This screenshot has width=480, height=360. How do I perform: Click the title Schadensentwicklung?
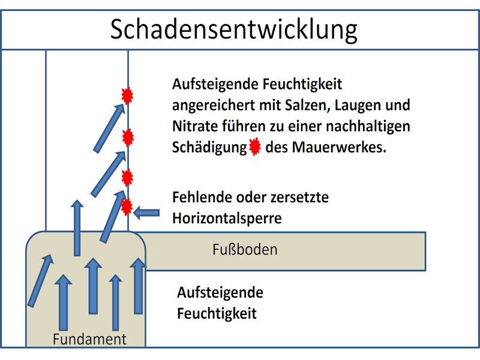[233, 29]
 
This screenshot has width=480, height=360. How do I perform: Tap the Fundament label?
[89, 339]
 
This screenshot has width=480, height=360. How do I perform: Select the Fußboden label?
[245, 250]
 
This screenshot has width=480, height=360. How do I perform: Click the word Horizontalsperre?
[227, 218]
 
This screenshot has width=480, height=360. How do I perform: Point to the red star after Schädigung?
[254, 146]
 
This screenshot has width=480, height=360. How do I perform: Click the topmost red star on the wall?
[127, 95]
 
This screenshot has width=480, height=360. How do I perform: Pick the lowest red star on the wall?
[127, 207]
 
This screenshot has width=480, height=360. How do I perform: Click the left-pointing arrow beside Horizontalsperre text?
[146, 212]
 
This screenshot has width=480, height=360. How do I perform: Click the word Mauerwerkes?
[339, 147]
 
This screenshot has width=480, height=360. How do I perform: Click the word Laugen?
[356, 106]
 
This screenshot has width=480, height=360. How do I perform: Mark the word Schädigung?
[209, 148]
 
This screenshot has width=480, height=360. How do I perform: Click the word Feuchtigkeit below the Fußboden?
[217, 313]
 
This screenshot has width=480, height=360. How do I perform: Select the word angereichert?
[214, 106]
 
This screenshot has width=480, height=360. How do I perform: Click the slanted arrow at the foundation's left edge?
[41, 280]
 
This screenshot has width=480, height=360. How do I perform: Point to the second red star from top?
[128, 137]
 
